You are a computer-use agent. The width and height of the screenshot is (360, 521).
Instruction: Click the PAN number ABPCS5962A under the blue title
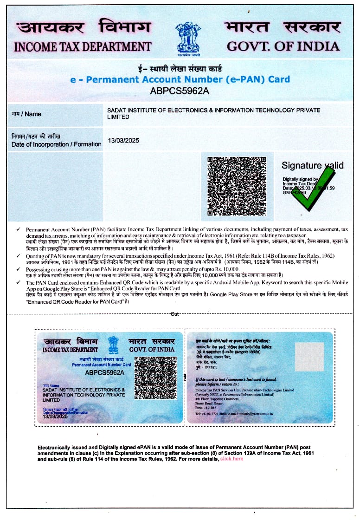tap(180, 91)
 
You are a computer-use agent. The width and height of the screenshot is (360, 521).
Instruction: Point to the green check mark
tap(314, 188)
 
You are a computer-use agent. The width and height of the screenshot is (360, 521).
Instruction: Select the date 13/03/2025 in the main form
tap(123, 140)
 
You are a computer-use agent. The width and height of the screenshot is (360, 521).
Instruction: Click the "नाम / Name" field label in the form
tap(26, 114)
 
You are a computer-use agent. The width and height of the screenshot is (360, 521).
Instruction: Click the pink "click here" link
tap(231, 459)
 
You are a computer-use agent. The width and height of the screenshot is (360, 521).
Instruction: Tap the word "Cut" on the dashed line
tap(174, 314)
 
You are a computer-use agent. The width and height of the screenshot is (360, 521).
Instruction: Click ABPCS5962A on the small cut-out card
tap(104, 372)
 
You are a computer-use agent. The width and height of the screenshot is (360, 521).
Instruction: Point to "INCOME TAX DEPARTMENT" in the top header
tap(83, 46)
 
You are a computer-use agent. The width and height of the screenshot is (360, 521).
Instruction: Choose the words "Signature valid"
tap(313, 165)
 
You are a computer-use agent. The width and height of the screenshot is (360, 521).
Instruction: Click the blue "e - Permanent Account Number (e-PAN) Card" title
tap(180, 79)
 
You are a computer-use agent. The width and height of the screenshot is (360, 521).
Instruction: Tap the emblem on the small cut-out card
tap(113, 345)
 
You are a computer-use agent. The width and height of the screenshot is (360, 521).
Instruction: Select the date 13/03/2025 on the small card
tap(55, 417)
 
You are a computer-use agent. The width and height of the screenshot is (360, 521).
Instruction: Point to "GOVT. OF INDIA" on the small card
tap(152, 349)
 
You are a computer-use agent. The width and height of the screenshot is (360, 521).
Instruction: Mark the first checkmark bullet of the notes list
tap(18, 229)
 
